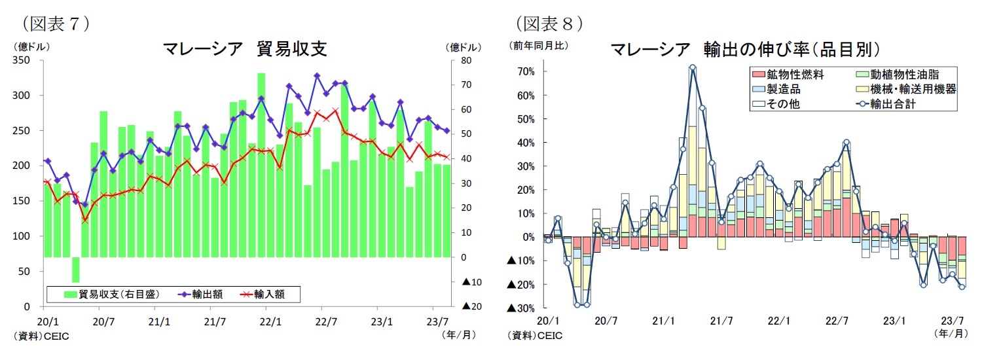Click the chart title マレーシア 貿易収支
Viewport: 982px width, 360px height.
coord(244,49)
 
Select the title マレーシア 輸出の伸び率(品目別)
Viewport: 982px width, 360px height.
coord(744,49)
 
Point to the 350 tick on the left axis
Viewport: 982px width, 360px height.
coord(26,61)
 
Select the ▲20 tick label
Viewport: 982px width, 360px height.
coord(471,306)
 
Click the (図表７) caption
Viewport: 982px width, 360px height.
coord(56,24)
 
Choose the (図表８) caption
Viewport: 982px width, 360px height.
coord(550,24)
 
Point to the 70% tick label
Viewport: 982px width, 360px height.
coord(524,71)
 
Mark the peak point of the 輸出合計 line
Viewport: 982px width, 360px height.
coord(692,67)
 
